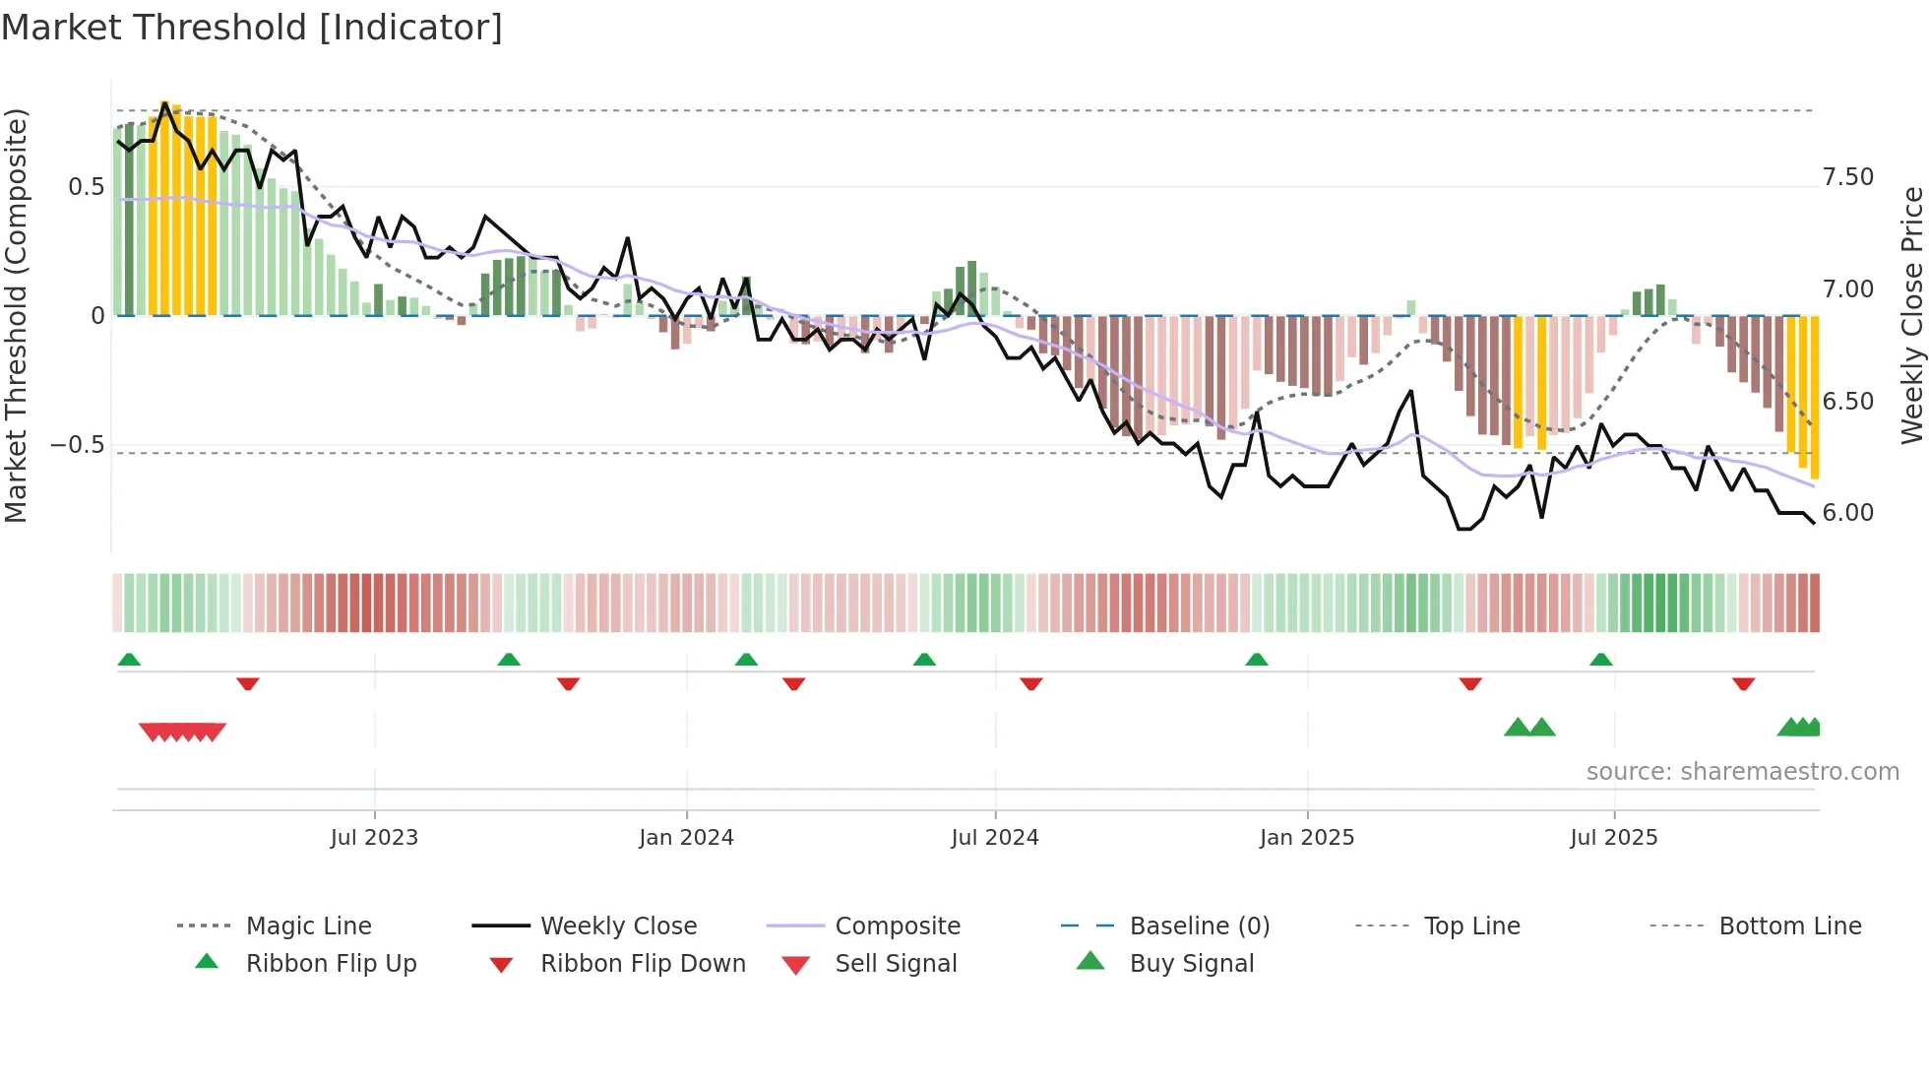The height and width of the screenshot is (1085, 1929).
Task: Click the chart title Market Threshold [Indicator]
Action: click(252, 28)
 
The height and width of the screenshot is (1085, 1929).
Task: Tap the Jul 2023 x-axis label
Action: click(374, 838)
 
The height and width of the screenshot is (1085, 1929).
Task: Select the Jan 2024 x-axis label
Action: click(686, 838)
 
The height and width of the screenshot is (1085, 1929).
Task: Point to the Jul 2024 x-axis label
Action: click(994, 838)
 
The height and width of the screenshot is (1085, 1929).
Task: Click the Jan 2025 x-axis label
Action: click(1306, 838)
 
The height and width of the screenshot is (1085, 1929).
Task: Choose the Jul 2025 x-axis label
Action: click(1613, 838)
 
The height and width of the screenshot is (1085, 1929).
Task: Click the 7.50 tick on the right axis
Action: click(1847, 177)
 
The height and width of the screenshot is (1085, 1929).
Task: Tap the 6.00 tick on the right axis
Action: click(1847, 513)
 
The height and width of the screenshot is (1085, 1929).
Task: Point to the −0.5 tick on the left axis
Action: click(77, 445)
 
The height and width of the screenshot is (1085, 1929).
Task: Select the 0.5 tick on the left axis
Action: click(86, 187)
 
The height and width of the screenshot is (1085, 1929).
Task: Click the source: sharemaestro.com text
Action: click(1742, 772)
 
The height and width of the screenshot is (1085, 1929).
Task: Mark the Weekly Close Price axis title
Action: click(1911, 315)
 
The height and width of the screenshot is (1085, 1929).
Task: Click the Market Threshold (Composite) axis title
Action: click(16, 315)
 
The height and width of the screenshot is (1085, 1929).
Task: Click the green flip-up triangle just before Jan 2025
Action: click(1257, 660)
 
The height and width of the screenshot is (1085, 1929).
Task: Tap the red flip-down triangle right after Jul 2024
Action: click(1031, 683)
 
